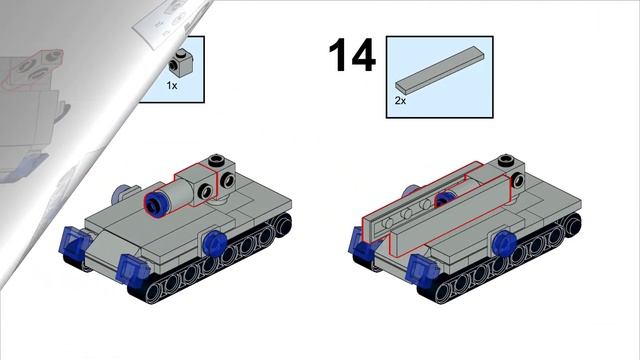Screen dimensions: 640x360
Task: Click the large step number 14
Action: [x=352, y=55]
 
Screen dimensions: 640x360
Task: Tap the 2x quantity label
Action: [x=400, y=100]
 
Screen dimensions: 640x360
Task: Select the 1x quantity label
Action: [x=172, y=86]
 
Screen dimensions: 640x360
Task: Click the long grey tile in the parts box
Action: [x=440, y=68]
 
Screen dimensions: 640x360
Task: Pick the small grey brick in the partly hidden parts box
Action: [x=181, y=63]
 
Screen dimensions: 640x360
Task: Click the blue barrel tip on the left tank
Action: [x=154, y=203]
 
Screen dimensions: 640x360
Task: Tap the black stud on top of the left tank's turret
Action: [x=216, y=160]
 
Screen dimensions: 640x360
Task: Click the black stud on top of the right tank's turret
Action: [x=507, y=160]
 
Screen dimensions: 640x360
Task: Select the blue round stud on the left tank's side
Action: [x=215, y=242]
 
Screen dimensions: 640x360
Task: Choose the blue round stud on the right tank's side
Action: [x=504, y=242]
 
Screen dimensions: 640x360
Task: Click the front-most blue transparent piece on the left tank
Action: [x=133, y=268]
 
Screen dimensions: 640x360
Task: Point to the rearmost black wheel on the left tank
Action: [x=283, y=224]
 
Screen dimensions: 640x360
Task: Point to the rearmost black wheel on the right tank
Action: [x=572, y=224]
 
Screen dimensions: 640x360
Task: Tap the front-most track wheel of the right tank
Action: [x=444, y=293]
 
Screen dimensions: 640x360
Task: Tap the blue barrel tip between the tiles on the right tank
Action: [x=444, y=199]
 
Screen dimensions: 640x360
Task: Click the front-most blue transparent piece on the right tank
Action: [x=422, y=268]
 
